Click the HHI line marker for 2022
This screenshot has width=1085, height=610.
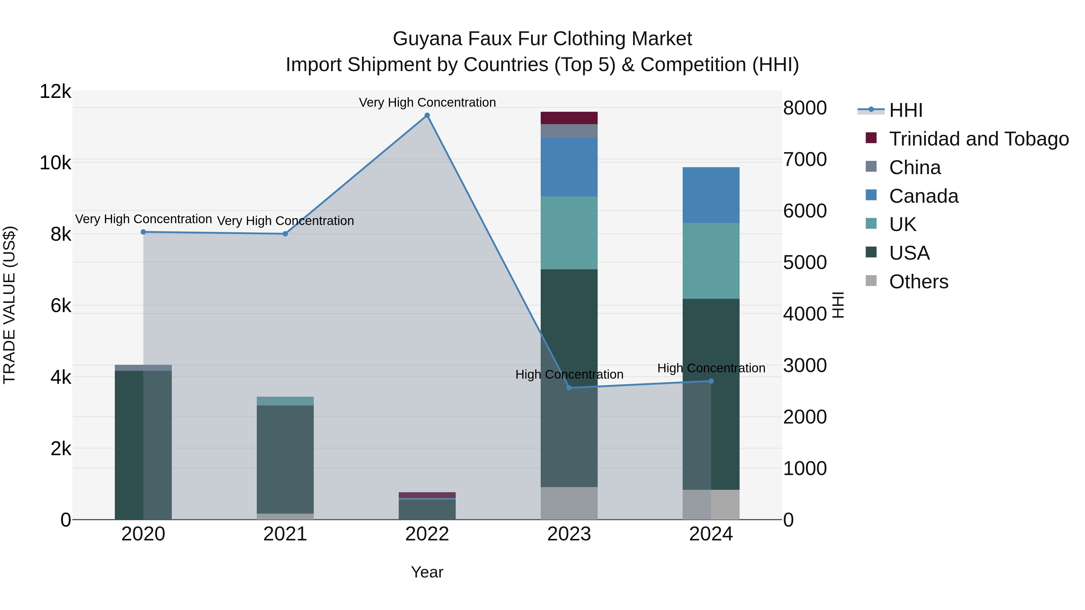[427, 115]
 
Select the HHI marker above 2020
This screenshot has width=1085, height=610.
[143, 232]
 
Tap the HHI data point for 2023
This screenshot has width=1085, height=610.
[569, 388]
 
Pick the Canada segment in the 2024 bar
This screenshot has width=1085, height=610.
[711, 195]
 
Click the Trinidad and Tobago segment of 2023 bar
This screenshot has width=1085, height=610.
[569, 118]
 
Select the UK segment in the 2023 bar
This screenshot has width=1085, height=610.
[569, 233]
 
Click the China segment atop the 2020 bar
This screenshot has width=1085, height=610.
[143, 368]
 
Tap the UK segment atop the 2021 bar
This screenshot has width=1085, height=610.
[285, 401]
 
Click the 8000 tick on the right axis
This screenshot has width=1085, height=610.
[804, 108]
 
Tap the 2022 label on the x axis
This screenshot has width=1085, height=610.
[427, 534]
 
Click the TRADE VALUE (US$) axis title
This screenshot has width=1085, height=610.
[10, 305]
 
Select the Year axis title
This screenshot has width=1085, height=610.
[427, 572]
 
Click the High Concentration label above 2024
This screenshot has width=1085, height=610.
[711, 368]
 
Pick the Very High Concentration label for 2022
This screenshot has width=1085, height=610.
[427, 102]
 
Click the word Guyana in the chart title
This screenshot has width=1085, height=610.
[427, 39]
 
